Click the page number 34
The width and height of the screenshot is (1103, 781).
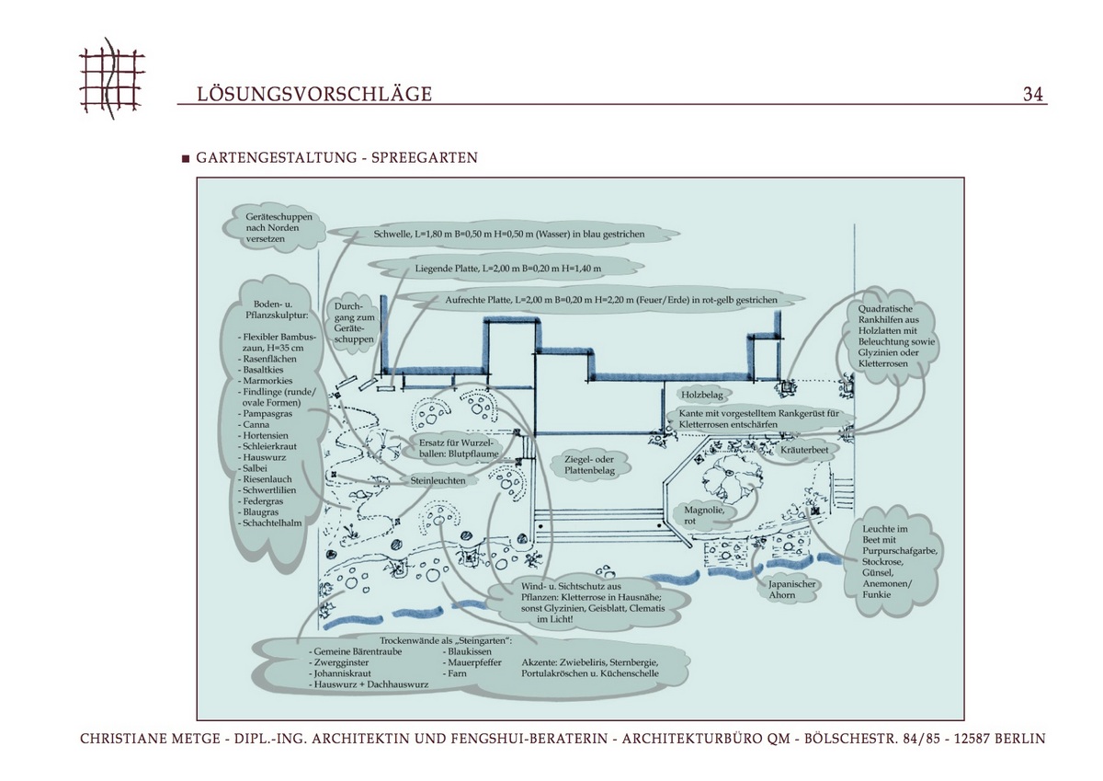pos(1032,95)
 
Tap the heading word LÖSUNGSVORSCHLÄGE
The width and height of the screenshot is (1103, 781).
pos(314,95)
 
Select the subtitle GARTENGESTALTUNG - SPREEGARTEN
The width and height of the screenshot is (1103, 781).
pos(336,158)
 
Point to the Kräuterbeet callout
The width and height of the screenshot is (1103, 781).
pos(805,451)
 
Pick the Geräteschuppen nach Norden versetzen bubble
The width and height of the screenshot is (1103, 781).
pos(279,227)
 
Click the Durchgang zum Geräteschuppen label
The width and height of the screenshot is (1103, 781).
pos(354,324)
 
